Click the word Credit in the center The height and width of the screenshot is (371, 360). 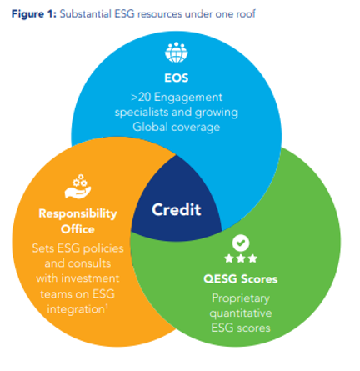click(x=177, y=209)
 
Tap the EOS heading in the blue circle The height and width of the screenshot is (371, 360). click(x=177, y=78)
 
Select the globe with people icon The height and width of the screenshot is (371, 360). click(x=177, y=53)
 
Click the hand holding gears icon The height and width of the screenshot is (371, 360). click(x=78, y=187)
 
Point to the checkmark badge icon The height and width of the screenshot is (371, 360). click(x=241, y=243)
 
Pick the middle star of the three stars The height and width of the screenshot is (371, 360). click(x=241, y=258)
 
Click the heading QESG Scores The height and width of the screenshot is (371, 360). click(x=241, y=279)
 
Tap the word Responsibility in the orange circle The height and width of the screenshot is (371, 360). click(x=77, y=213)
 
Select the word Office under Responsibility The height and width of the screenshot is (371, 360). click(x=77, y=229)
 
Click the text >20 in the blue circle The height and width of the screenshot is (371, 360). click(x=141, y=98)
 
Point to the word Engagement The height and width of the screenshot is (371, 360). click(x=188, y=98)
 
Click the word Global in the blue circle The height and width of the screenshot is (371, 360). click(x=151, y=127)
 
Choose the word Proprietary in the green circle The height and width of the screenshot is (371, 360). click(x=241, y=298)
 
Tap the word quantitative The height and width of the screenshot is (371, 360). click(x=241, y=313)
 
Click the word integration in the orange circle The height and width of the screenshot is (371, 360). click(x=76, y=309)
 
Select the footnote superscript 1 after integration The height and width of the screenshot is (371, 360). click(x=107, y=306)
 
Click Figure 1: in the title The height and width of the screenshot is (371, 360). click(x=34, y=14)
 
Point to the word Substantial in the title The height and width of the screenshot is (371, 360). click(x=86, y=13)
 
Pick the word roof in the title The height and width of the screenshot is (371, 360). click(x=246, y=14)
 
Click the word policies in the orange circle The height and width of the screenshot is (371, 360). click(x=103, y=248)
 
